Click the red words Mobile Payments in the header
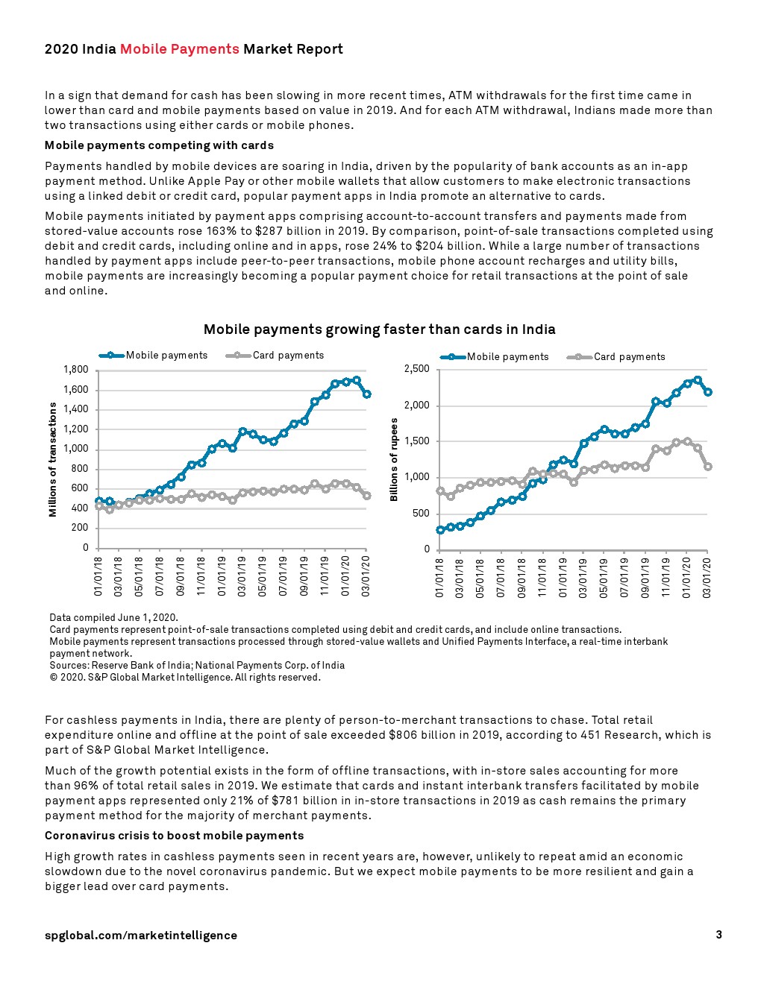point(179,49)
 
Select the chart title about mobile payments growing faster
point(379,329)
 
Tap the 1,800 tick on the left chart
point(76,370)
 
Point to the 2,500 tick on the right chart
point(416,369)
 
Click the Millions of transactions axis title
point(53,459)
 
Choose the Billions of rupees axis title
point(394,459)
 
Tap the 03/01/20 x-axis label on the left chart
point(366,575)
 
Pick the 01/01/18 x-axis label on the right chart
point(439,578)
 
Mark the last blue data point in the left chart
point(366,394)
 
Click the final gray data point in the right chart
point(707,467)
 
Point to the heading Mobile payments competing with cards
point(159,145)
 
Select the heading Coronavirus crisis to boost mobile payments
point(174,836)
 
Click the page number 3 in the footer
point(718,935)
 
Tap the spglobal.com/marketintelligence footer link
point(141,936)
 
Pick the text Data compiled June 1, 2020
point(113,618)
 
